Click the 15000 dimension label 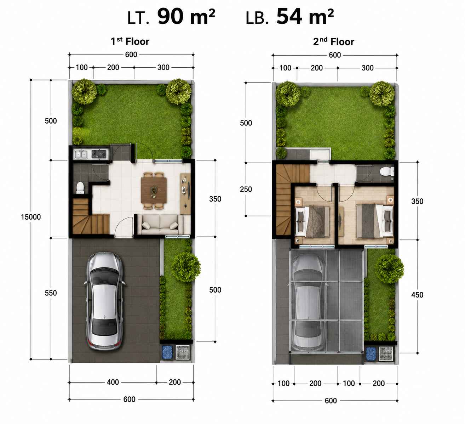pyautogui.click(x=31, y=217)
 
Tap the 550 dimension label pyautogui.click(x=51, y=293)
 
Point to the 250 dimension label pyautogui.click(x=246, y=189)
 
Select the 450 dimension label pyautogui.click(x=417, y=295)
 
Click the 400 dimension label pyautogui.click(x=113, y=382)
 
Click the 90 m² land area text pyautogui.click(x=186, y=17)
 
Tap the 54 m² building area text pyautogui.click(x=305, y=17)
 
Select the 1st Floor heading pyautogui.click(x=130, y=41)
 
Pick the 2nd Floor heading pyautogui.click(x=334, y=42)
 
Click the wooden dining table pyautogui.click(x=154, y=190)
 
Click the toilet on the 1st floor pyautogui.click(x=80, y=188)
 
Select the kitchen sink pyautogui.click(x=80, y=154)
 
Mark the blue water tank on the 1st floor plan pyautogui.click(x=166, y=352)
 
